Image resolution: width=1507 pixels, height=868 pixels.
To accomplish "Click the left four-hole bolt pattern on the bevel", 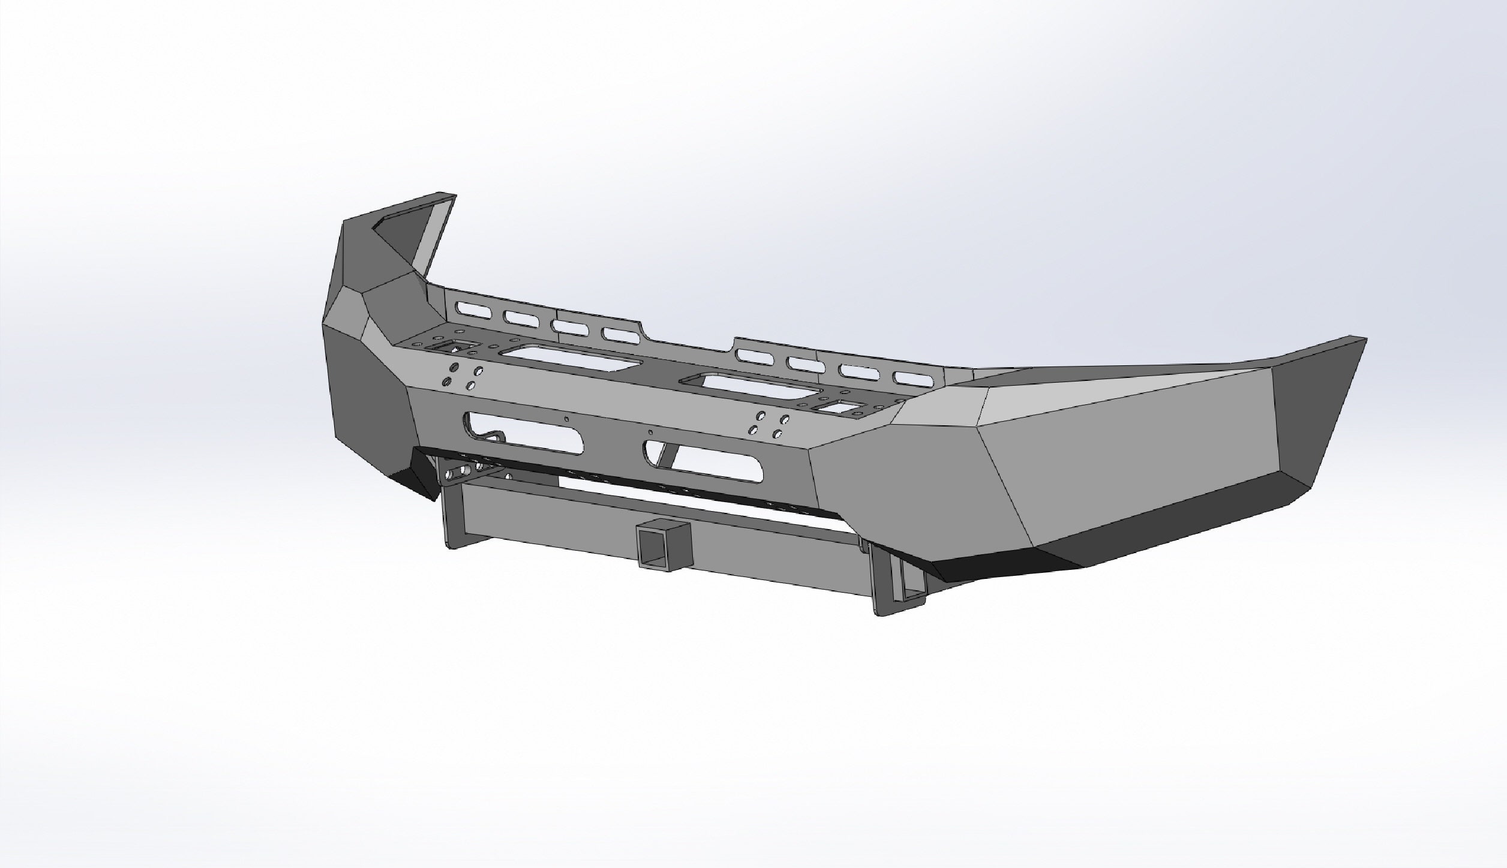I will pyautogui.click(x=460, y=376).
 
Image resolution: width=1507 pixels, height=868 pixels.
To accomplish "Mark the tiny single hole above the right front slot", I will pyautogui.click(x=651, y=431).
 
